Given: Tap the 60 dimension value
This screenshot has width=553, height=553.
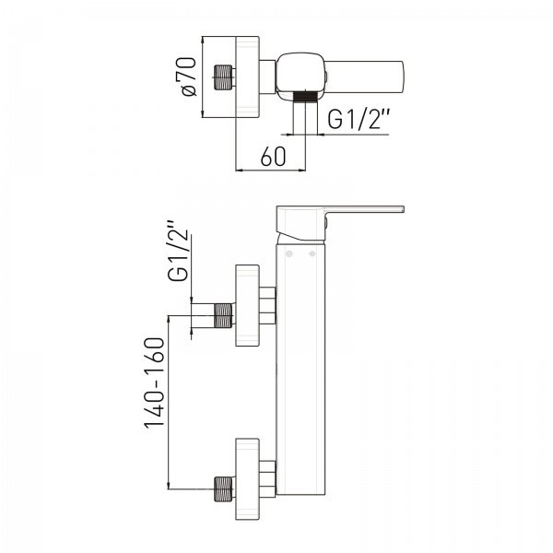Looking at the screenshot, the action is pos(273,157).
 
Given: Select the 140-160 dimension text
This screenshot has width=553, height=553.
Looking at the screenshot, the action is pos(155,382).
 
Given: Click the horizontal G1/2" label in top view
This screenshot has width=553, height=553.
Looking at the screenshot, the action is pos(359,119).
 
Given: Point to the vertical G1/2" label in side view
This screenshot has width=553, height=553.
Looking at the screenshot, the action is pos(178,251).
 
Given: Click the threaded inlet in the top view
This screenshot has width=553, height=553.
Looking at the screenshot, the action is pos(223,77).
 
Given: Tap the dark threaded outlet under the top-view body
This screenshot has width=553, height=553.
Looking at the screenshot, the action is pos(305,96).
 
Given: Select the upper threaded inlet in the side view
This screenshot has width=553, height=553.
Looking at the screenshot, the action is pos(224,315).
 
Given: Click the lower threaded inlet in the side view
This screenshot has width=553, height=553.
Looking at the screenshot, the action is pos(224,488).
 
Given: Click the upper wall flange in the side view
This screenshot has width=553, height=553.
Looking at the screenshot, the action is pos(248,305).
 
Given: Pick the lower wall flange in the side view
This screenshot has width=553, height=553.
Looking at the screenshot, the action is pos(248,479).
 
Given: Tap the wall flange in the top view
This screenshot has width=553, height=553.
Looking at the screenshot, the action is pos(248,76).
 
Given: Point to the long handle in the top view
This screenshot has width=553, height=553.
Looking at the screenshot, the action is pos(365,77).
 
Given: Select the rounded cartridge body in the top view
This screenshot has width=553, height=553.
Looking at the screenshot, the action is pos(300,76).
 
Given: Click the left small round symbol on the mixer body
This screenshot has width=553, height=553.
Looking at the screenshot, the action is pos(289,254).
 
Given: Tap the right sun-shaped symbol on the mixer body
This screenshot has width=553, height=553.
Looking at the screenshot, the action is pos(312,254).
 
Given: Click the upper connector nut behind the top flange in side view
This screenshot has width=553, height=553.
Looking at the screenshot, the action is pos(267,305).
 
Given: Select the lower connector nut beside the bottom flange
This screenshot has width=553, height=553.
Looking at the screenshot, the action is pos(267,479).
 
